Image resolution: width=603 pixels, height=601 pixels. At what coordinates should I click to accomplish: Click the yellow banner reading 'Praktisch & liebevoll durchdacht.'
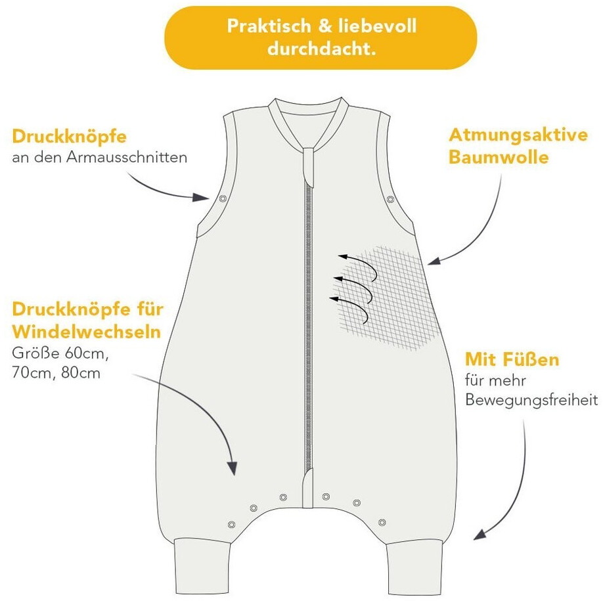(321, 37)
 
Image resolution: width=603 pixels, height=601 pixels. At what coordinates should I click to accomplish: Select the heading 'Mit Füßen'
(512, 360)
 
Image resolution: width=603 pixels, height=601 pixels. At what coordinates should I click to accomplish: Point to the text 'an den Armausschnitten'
(99, 158)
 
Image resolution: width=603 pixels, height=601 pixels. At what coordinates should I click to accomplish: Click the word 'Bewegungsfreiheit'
(531, 399)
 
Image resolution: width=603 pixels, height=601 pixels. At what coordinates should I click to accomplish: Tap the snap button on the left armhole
(223, 198)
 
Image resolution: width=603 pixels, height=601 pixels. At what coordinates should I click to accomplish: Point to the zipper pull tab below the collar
(307, 164)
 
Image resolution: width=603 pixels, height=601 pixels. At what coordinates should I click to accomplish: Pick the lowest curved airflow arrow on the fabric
(351, 303)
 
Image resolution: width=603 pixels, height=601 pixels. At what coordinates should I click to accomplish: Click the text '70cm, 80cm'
(56, 373)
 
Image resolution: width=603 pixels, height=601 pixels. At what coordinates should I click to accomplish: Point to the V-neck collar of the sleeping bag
(307, 125)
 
